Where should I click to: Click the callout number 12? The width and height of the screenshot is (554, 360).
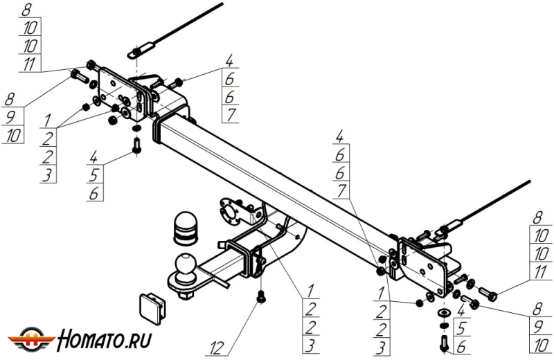point(217,348)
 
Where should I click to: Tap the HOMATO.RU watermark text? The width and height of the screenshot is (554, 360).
point(105,339)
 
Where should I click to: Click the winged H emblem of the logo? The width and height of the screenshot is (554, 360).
point(32,340)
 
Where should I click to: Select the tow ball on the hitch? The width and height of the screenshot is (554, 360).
point(186,264)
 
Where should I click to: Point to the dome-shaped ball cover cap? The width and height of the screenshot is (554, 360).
point(186,228)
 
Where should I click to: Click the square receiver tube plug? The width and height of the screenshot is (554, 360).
point(152,308)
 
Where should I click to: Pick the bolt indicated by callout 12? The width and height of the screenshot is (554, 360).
point(261,296)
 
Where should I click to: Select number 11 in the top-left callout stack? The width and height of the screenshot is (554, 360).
point(29,64)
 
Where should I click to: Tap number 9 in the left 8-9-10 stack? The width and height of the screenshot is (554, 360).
point(10,118)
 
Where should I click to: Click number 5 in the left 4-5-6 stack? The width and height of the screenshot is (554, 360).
point(94,175)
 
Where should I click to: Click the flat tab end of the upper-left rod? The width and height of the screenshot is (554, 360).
point(141,50)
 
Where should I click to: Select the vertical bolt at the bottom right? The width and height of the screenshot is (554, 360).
point(445,343)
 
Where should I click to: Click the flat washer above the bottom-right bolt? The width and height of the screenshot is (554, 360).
point(444,313)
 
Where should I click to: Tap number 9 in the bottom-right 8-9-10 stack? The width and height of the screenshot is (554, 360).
point(538,327)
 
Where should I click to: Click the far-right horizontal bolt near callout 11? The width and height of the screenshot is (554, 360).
point(488,294)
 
